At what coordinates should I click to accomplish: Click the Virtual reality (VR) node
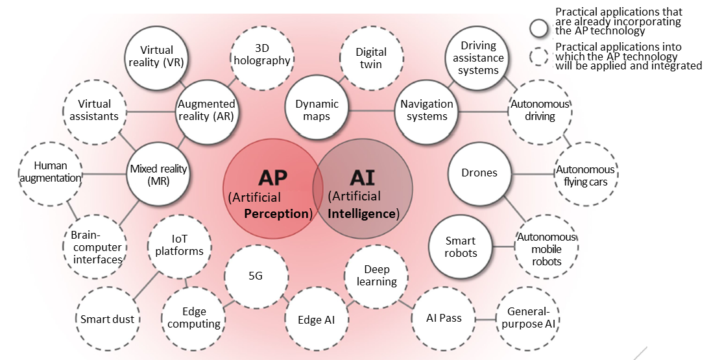(x=156, y=56)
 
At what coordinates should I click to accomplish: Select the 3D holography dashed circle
(x=263, y=55)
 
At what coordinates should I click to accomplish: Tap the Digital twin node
(x=371, y=57)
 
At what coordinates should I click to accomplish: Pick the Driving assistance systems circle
(x=478, y=58)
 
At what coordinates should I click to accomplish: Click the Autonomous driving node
(x=540, y=110)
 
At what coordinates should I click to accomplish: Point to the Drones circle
(x=479, y=173)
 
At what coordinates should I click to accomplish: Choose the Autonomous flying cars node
(x=585, y=175)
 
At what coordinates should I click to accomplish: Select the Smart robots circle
(x=461, y=247)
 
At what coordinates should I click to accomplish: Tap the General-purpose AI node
(x=528, y=317)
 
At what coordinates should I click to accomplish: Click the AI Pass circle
(x=444, y=318)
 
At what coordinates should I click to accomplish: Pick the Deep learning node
(x=376, y=276)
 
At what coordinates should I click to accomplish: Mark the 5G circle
(x=256, y=276)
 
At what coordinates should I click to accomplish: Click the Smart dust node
(x=108, y=318)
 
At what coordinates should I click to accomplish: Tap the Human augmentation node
(x=51, y=172)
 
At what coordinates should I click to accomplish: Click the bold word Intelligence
(x=362, y=213)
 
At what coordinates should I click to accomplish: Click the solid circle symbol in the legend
(x=539, y=29)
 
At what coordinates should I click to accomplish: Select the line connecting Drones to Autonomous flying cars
(x=532, y=174)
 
